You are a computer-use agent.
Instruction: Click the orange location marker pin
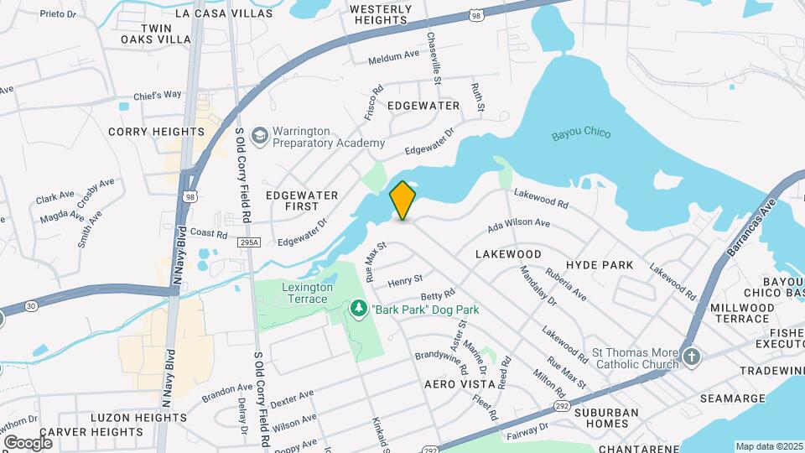point(402,200)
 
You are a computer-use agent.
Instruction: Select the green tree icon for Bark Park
point(359,310)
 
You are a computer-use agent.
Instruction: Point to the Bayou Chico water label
point(581,134)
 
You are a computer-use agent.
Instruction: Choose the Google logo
point(28,442)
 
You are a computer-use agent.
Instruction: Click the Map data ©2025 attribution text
point(769,446)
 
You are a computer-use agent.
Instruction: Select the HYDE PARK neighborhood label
point(600,265)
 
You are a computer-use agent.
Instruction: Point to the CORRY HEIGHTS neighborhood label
point(156,132)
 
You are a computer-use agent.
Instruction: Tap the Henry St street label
point(405,279)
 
